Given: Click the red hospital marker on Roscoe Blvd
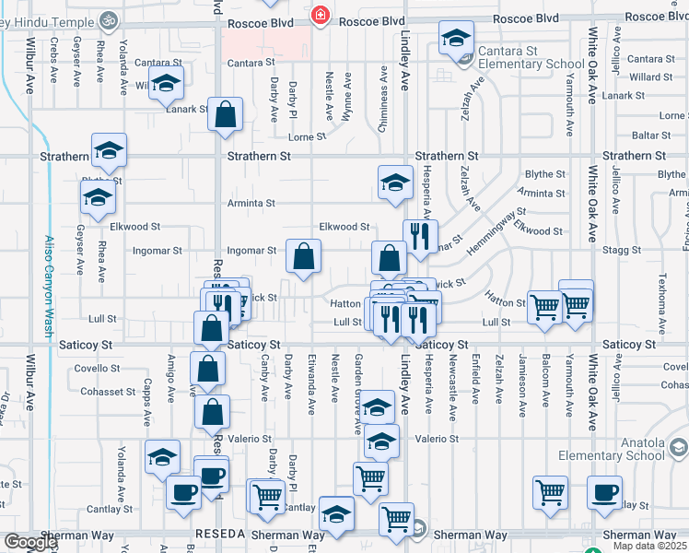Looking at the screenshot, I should [320, 15].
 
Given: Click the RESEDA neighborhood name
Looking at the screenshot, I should [219, 535].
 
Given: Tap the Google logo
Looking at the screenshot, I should [29, 542].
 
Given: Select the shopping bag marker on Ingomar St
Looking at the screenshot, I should [303, 257].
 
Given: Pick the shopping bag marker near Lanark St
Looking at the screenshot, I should [226, 115].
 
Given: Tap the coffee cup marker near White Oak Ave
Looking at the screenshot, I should [605, 492].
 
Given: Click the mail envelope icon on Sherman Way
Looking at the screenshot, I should [419, 528].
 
